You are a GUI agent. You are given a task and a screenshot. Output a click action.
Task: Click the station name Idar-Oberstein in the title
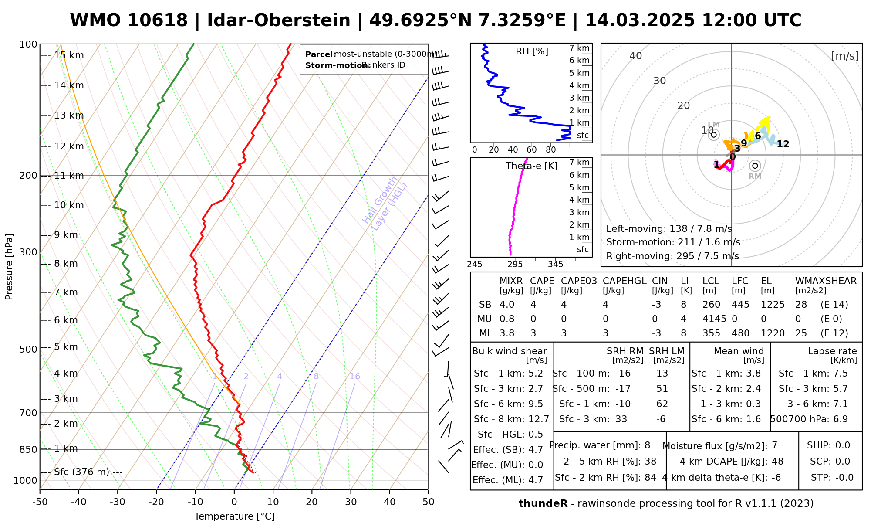279,20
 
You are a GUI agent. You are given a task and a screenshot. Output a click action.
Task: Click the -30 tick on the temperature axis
118,502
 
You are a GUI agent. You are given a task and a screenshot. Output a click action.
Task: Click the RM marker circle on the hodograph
755,166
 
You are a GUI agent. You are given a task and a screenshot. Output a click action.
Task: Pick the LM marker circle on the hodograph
713,135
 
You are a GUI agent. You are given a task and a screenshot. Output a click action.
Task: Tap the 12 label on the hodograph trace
783,144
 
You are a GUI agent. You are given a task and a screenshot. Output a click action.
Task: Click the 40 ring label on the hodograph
636,56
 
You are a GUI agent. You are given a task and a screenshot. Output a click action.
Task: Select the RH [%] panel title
532,51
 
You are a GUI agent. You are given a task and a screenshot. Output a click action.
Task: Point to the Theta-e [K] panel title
531,166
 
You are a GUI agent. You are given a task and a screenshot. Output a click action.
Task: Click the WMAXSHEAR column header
826,281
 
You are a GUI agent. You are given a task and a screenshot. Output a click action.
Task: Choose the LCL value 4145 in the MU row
714,319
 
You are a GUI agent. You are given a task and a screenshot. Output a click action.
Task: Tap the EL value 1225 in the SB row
773,305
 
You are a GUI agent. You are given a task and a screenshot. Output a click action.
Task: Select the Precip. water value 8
647,445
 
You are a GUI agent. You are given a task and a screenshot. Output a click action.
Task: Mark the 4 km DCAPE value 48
777,462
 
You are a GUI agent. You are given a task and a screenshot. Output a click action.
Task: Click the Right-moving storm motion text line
672,256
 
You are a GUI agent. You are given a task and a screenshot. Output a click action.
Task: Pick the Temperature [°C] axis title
234,516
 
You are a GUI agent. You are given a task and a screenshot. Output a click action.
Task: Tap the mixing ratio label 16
354,377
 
